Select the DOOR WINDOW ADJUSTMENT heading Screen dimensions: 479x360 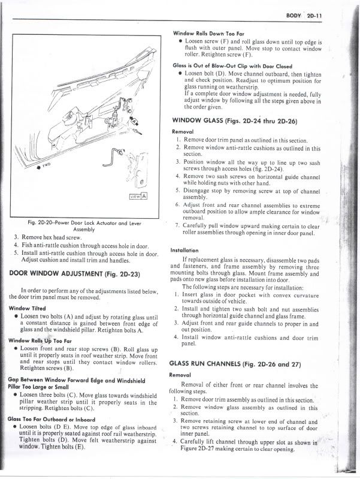(75, 274)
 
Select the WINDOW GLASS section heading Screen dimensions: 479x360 (234, 120)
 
